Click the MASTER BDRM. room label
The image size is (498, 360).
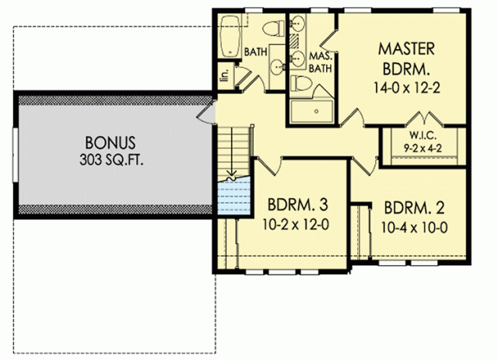[406, 59]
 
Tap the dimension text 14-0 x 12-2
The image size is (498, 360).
[406, 88]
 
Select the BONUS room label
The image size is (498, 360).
[110, 143]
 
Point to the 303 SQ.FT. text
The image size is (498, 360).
[111, 159]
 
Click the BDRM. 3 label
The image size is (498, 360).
[297, 204]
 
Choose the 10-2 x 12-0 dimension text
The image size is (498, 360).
[296, 225]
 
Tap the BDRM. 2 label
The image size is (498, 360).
[414, 208]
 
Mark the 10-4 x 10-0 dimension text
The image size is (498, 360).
[415, 228]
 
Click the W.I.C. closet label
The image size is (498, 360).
[423, 135]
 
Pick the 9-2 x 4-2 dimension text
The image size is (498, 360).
[423, 148]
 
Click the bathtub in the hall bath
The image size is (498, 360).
[230, 37]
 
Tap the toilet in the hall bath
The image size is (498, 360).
[273, 28]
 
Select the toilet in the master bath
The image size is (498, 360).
[301, 83]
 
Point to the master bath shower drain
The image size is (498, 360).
[317, 111]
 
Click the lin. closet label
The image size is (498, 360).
[226, 76]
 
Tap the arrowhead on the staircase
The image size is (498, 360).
[233, 173]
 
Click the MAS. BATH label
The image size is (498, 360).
[321, 62]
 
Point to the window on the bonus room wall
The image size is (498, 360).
[16, 155]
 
